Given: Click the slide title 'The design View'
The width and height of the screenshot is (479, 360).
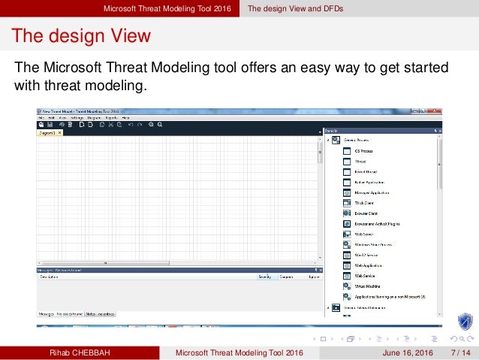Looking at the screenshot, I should click(x=80, y=36).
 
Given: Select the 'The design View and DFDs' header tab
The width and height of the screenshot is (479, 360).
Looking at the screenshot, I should click(x=302, y=8).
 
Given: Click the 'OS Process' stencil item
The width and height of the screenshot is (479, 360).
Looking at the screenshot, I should click(x=364, y=151).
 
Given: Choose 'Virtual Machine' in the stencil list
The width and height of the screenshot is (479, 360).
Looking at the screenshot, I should click(x=368, y=286).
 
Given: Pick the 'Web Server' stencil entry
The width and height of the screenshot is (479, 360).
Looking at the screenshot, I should click(x=363, y=234).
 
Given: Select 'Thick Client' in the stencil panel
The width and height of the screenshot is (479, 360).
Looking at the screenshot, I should click(x=364, y=202).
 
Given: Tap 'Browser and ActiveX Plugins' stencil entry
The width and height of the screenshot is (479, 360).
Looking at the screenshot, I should click(x=375, y=223).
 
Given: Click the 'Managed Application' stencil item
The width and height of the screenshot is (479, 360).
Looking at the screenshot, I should click(x=370, y=192).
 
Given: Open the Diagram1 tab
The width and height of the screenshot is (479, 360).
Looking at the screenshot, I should click(x=47, y=132).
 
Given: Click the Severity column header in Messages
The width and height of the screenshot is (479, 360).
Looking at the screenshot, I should click(x=264, y=277).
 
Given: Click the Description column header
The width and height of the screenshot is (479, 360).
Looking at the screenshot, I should click(x=50, y=277).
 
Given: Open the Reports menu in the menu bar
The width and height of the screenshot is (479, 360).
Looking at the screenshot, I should click(x=111, y=118).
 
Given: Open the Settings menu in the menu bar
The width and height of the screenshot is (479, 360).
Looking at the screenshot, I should click(x=77, y=118).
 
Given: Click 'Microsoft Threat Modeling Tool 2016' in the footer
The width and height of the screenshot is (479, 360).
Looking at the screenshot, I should click(x=239, y=352).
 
